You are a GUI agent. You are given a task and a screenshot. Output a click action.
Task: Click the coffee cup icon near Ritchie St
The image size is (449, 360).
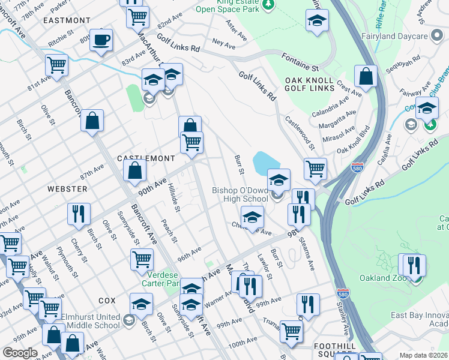tap(101, 40)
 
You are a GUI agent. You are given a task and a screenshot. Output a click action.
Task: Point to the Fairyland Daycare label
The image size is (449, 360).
tap(394, 36)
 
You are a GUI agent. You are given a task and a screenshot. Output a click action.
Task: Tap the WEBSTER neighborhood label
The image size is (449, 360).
tap(67, 188)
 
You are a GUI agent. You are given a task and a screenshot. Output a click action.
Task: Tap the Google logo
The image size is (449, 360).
tap(20, 353)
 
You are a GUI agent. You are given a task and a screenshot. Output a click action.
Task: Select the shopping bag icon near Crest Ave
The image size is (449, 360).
tap(366, 77)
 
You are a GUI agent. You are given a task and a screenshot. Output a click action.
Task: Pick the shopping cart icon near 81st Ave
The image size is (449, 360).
tap(56, 65)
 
